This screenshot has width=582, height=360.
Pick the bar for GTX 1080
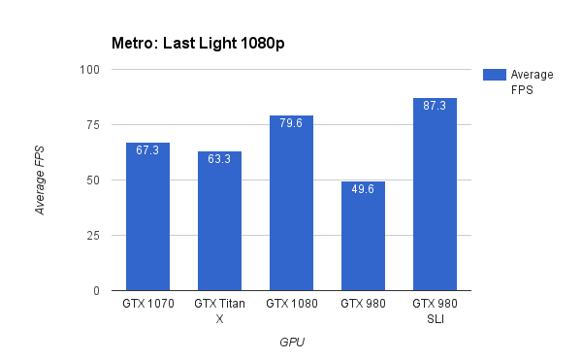[291, 203]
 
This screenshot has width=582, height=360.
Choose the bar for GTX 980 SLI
[435, 194]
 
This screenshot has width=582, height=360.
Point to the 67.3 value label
[147, 150]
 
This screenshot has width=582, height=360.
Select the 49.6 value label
[363, 189]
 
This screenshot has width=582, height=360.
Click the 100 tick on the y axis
[90, 70]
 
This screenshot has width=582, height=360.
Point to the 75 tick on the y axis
[93, 125]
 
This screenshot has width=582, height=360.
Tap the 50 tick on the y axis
[93, 180]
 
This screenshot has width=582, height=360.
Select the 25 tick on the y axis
[93, 236]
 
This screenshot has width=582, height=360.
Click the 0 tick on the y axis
[96, 291]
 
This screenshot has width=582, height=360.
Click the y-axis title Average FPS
[40, 180]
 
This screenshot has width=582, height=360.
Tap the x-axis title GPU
[291, 342]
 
